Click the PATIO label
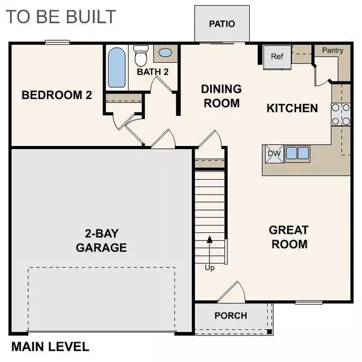pos(221,24)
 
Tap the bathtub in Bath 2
pos(116,68)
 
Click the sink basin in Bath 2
pos(164,54)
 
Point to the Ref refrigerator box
pos(277,57)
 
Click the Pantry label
pos(332,51)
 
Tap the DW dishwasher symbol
pos(275,153)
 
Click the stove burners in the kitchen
pos(340,114)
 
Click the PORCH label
pos(230,315)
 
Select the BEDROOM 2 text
pos(56,95)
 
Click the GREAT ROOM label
pos(288,237)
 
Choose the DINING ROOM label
pos(221,96)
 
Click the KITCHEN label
pos(292,109)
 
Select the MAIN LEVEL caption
pos(50,347)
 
